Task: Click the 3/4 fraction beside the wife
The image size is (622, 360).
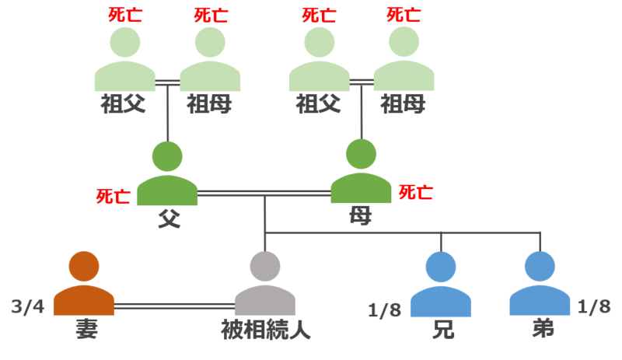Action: click(28, 308)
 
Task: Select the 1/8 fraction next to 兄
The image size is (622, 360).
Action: click(385, 311)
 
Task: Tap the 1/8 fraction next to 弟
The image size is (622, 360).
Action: click(594, 308)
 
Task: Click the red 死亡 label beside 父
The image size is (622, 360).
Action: click(113, 197)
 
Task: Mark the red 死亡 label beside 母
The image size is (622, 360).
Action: click(416, 192)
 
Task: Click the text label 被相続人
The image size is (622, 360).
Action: click(266, 330)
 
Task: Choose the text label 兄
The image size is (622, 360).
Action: click(442, 330)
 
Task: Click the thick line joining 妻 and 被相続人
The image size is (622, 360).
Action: click(174, 306)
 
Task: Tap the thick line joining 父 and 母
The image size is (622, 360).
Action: click(264, 193)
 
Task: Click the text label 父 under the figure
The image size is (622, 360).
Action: click(169, 218)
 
